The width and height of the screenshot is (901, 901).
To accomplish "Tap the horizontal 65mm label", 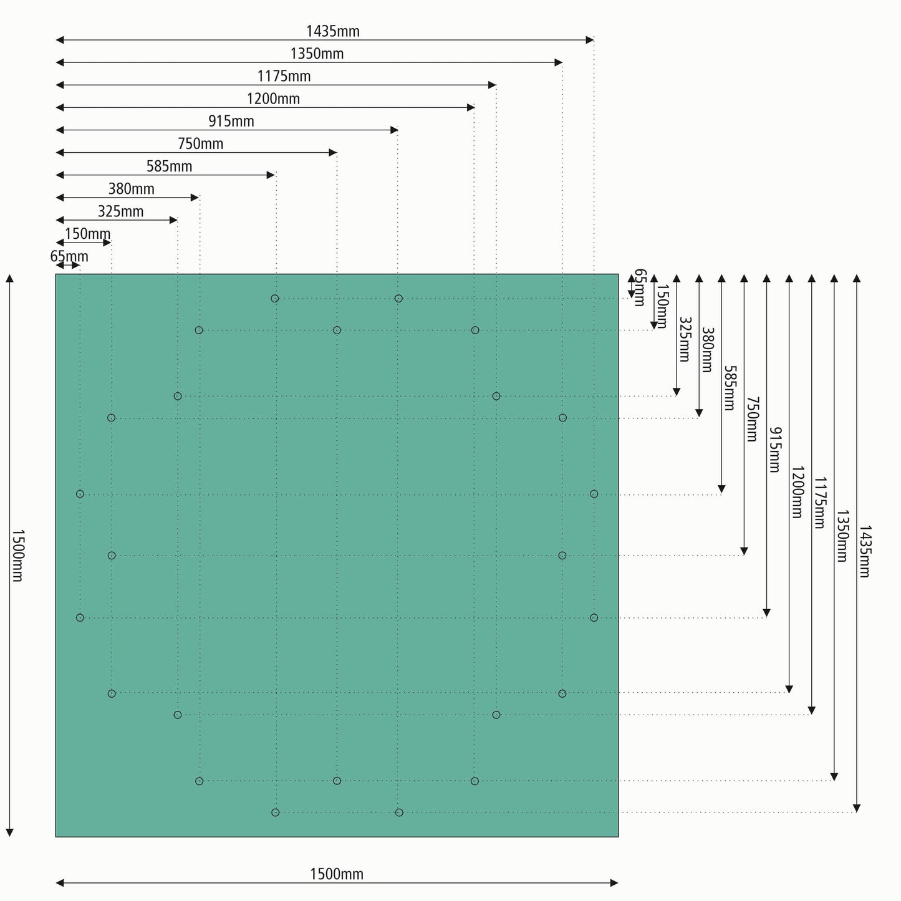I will pos(69,256).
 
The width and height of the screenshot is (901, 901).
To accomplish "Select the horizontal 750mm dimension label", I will pos(200,144).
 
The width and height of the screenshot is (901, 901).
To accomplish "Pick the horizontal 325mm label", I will pos(120,211).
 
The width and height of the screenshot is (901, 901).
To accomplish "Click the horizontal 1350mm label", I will pos(317,54).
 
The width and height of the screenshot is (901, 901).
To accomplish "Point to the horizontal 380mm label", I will pos(131,189).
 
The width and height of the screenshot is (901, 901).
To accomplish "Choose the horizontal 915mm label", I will pos(231,121).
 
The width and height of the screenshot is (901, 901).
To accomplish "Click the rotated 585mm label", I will pos(729,387).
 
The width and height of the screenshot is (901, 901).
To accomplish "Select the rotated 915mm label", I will pos(774,449).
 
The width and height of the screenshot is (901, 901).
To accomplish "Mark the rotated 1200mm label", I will pos(797,492).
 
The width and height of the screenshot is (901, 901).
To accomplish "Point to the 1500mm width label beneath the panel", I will pos(337,874).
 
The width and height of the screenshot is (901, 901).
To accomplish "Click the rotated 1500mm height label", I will pos(17,556).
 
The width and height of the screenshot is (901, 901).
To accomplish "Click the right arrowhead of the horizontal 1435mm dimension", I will pos(590,40).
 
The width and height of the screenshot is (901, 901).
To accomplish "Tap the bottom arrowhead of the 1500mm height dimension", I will pos(9,832).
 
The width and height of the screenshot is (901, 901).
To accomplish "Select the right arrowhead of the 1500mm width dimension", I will pos(614,882).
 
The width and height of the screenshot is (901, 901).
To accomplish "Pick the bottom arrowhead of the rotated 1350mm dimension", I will pos(834,776).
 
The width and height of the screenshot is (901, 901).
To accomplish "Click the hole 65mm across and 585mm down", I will pos(80,494).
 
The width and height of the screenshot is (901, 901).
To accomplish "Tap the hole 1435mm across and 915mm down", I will pos(594,617).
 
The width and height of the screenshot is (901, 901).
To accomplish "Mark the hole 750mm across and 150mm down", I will pos(337,330).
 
